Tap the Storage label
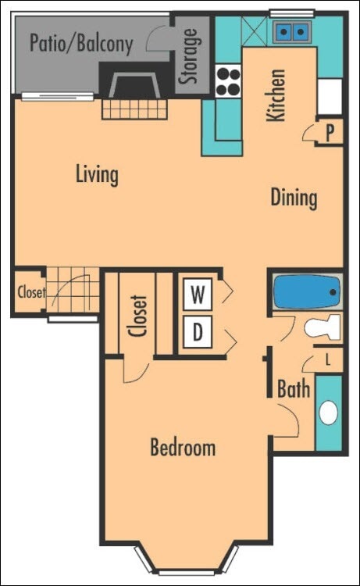pos(189,56)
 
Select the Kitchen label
pos(276,95)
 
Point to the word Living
pos(97,173)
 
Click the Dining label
pos(294,197)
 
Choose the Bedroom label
pos(183,448)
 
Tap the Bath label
pos(294,388)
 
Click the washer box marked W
pos(199,295)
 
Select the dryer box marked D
pos(199,332)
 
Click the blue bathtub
pos(307,295)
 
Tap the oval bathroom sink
pos(330,412)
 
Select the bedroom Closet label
pos(139,315)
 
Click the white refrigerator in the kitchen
pos(330,96)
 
